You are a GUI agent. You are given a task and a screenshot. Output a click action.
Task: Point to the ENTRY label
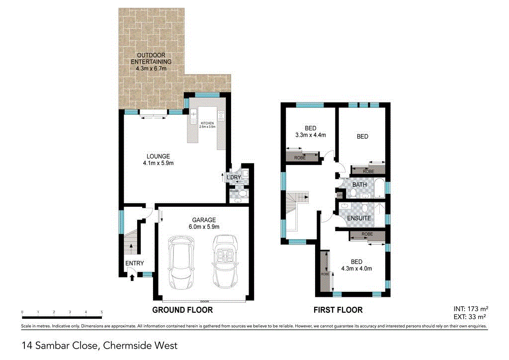134,264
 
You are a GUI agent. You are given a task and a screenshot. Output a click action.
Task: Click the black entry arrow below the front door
132,278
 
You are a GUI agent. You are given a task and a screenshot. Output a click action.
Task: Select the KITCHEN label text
207,123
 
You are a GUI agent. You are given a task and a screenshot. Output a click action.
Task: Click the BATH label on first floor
359,185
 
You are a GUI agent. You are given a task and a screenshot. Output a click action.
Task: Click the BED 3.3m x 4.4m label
310,131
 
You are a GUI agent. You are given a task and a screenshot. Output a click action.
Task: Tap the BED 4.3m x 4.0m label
356,265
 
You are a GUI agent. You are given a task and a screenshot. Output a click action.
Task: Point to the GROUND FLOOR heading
182,310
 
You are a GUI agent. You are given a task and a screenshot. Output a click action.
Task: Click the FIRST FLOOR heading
338,310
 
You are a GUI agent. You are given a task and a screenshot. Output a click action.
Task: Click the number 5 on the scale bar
102,312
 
